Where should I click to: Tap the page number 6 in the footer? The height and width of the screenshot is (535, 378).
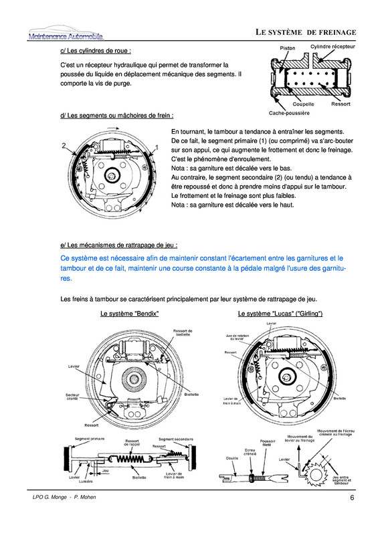coord(351,498)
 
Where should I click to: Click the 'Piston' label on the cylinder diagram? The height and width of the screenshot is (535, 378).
coord(287,48)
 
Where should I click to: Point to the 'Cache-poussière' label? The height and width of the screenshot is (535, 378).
coord(289,113)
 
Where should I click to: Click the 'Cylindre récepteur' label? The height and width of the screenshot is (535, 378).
coord(333,47)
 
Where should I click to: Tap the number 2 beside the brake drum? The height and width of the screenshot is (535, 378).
coord(64,145)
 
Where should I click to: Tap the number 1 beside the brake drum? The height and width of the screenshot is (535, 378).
coord(156,146)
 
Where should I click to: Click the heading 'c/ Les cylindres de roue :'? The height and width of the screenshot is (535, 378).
coord(95,50)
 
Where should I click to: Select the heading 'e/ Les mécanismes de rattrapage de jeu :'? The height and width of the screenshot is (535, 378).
coord(118,245)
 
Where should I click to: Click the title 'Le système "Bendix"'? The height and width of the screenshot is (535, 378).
coord(129,314)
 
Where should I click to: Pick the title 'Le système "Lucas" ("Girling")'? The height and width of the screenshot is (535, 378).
coord(280,314)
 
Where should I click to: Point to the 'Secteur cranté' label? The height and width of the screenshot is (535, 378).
coord(72,397)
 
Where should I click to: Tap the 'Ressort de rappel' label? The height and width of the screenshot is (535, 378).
coord(131,443)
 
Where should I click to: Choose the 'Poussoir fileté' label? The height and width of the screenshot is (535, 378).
coord(268,441)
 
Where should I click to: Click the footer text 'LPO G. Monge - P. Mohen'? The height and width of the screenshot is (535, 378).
coord(66,499)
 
